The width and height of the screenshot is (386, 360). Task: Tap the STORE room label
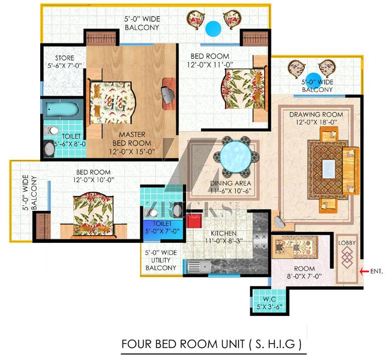tap(65, 58)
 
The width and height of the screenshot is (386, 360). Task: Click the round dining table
tap(236, 156)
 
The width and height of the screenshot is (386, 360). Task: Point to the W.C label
tap(270, 299)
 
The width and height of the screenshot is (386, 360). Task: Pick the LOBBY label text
tap(347, 243)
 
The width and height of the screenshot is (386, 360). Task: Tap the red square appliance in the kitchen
tap(194, 221)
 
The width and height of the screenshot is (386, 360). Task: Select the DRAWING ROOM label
tap(316, 114)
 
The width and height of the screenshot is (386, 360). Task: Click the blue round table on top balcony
tap(213, 29)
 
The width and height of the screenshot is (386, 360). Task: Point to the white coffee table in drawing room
tap(329, 169)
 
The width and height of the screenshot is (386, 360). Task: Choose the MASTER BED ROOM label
tap(132, 139)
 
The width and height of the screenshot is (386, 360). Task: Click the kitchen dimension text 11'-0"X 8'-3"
tap(224, 241)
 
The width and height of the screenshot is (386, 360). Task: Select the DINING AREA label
tap(231, 183)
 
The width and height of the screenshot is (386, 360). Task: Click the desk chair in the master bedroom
tap(167, 95)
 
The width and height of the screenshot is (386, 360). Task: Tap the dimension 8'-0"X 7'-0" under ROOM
tap(304, 276)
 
